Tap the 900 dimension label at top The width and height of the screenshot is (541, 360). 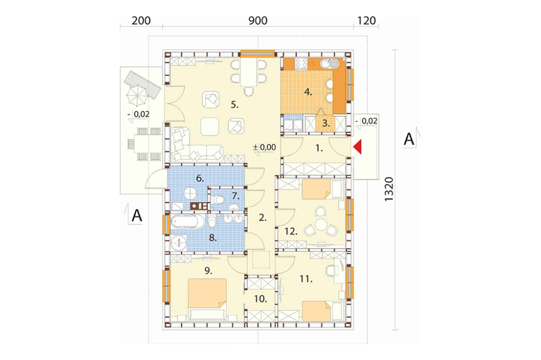point(258,21)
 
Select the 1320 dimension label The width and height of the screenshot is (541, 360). point(389,189)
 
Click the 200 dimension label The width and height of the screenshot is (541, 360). point(141,21)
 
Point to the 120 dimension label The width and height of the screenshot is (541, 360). point(366,21)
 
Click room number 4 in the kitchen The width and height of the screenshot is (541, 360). point(308,92)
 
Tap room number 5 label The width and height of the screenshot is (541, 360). point(235,104)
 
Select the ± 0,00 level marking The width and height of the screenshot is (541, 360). point(265,148)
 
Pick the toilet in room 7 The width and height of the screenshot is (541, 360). point(218,199)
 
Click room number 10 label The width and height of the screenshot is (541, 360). point(261,299)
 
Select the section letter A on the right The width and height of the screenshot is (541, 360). point(409,139)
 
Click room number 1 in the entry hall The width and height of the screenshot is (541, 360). point(319,149)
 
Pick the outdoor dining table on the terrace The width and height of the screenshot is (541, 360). point(144,144)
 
